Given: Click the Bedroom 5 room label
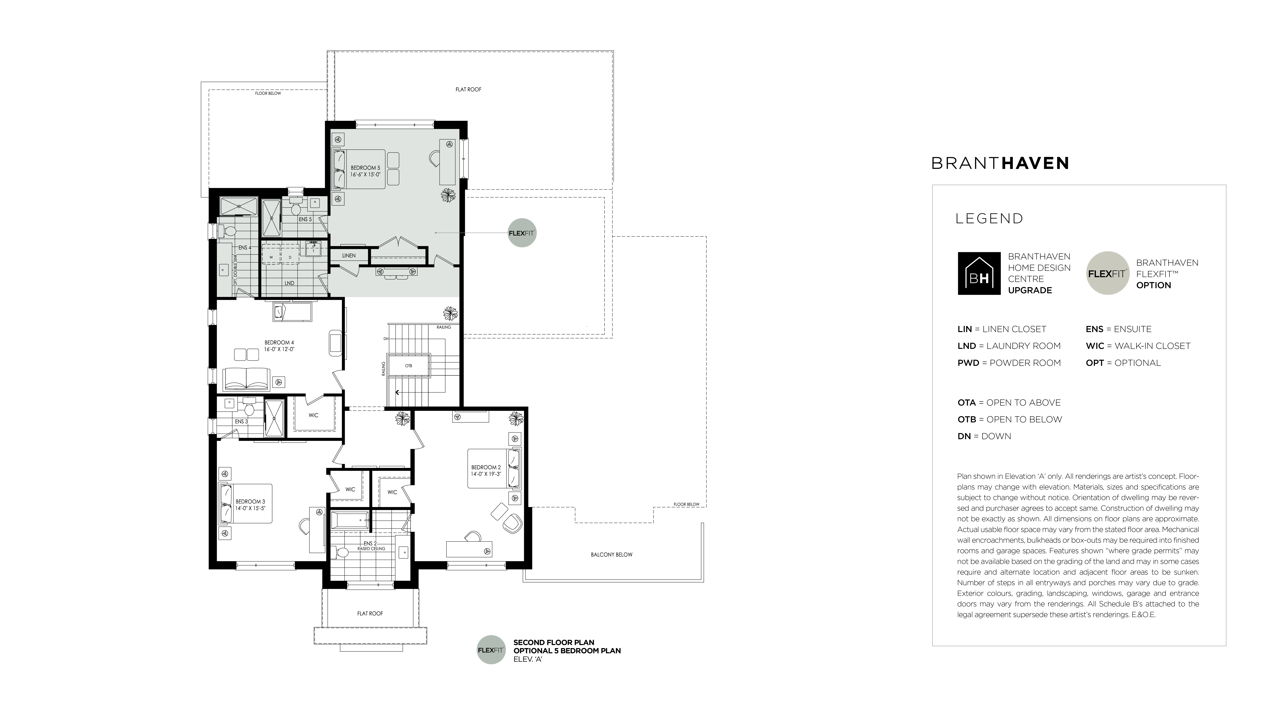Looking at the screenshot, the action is (365, 168).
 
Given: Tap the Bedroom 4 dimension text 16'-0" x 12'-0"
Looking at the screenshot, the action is (279, 349).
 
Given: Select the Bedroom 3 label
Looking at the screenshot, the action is (250, 501).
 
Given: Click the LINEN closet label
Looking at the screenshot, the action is (349, 256).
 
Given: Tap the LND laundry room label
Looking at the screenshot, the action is (289, 283).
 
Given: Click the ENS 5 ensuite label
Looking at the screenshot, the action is (305, 219).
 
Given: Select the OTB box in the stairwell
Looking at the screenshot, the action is (409, 366).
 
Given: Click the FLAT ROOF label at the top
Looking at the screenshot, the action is (468, 89).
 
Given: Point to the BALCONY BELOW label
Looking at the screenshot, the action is (611, 555).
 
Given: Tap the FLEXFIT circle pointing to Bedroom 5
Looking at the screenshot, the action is (522, 233).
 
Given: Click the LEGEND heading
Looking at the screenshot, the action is (989, 219).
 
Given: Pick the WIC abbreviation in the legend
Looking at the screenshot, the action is (1095, 346).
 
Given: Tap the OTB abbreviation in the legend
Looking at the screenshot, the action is (967, 419).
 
